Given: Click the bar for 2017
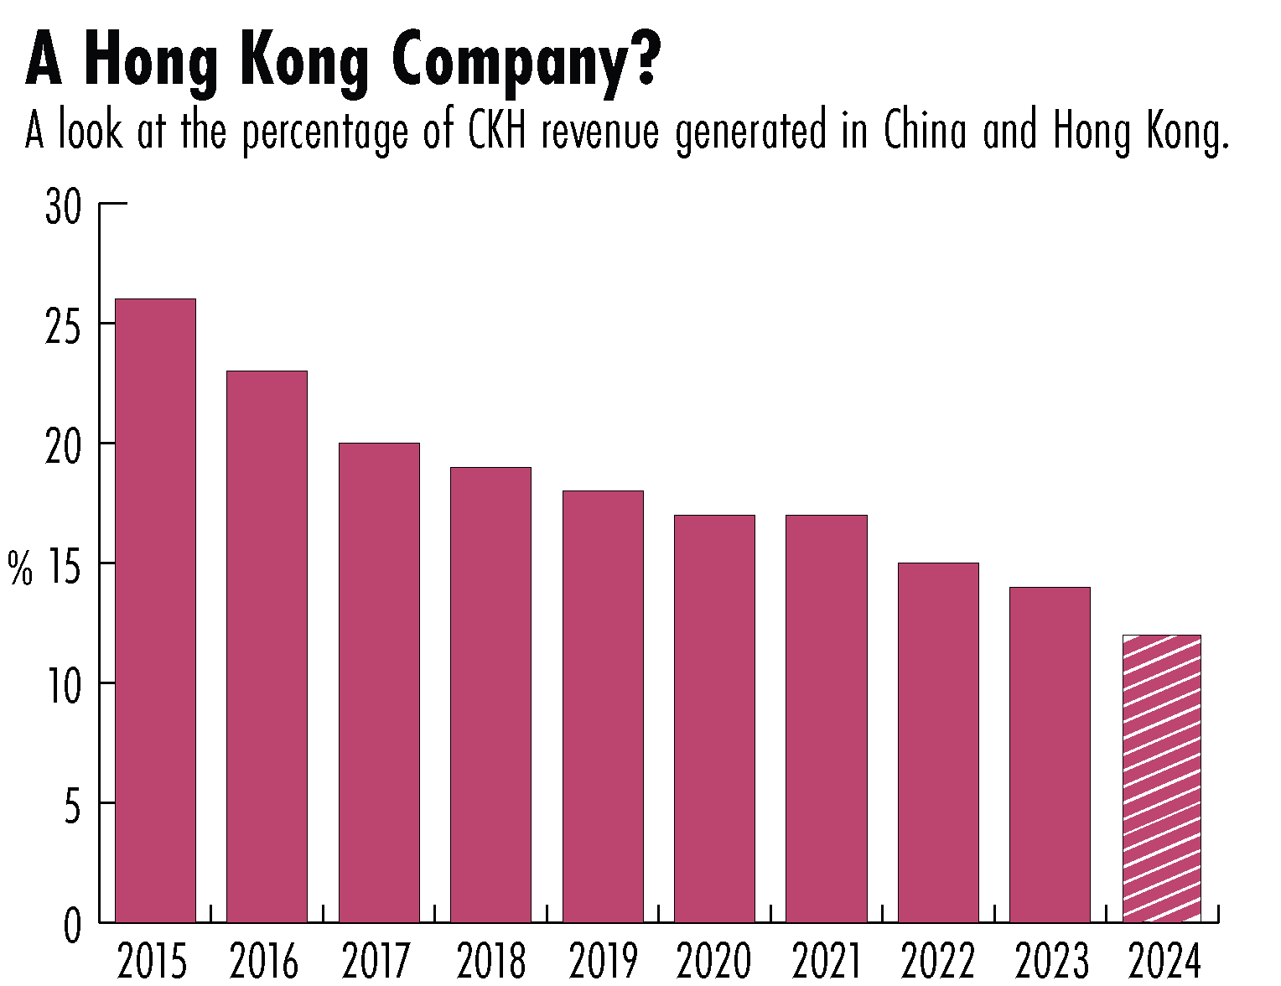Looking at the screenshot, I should point(379,682).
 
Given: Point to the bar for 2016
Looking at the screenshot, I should point(267,646).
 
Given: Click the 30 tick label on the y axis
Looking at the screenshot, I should point(64,206).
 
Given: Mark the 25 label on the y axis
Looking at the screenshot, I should point(64,326).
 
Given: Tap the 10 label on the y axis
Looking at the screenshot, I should point(64,686).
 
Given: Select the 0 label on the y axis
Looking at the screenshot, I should point(74,926).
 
